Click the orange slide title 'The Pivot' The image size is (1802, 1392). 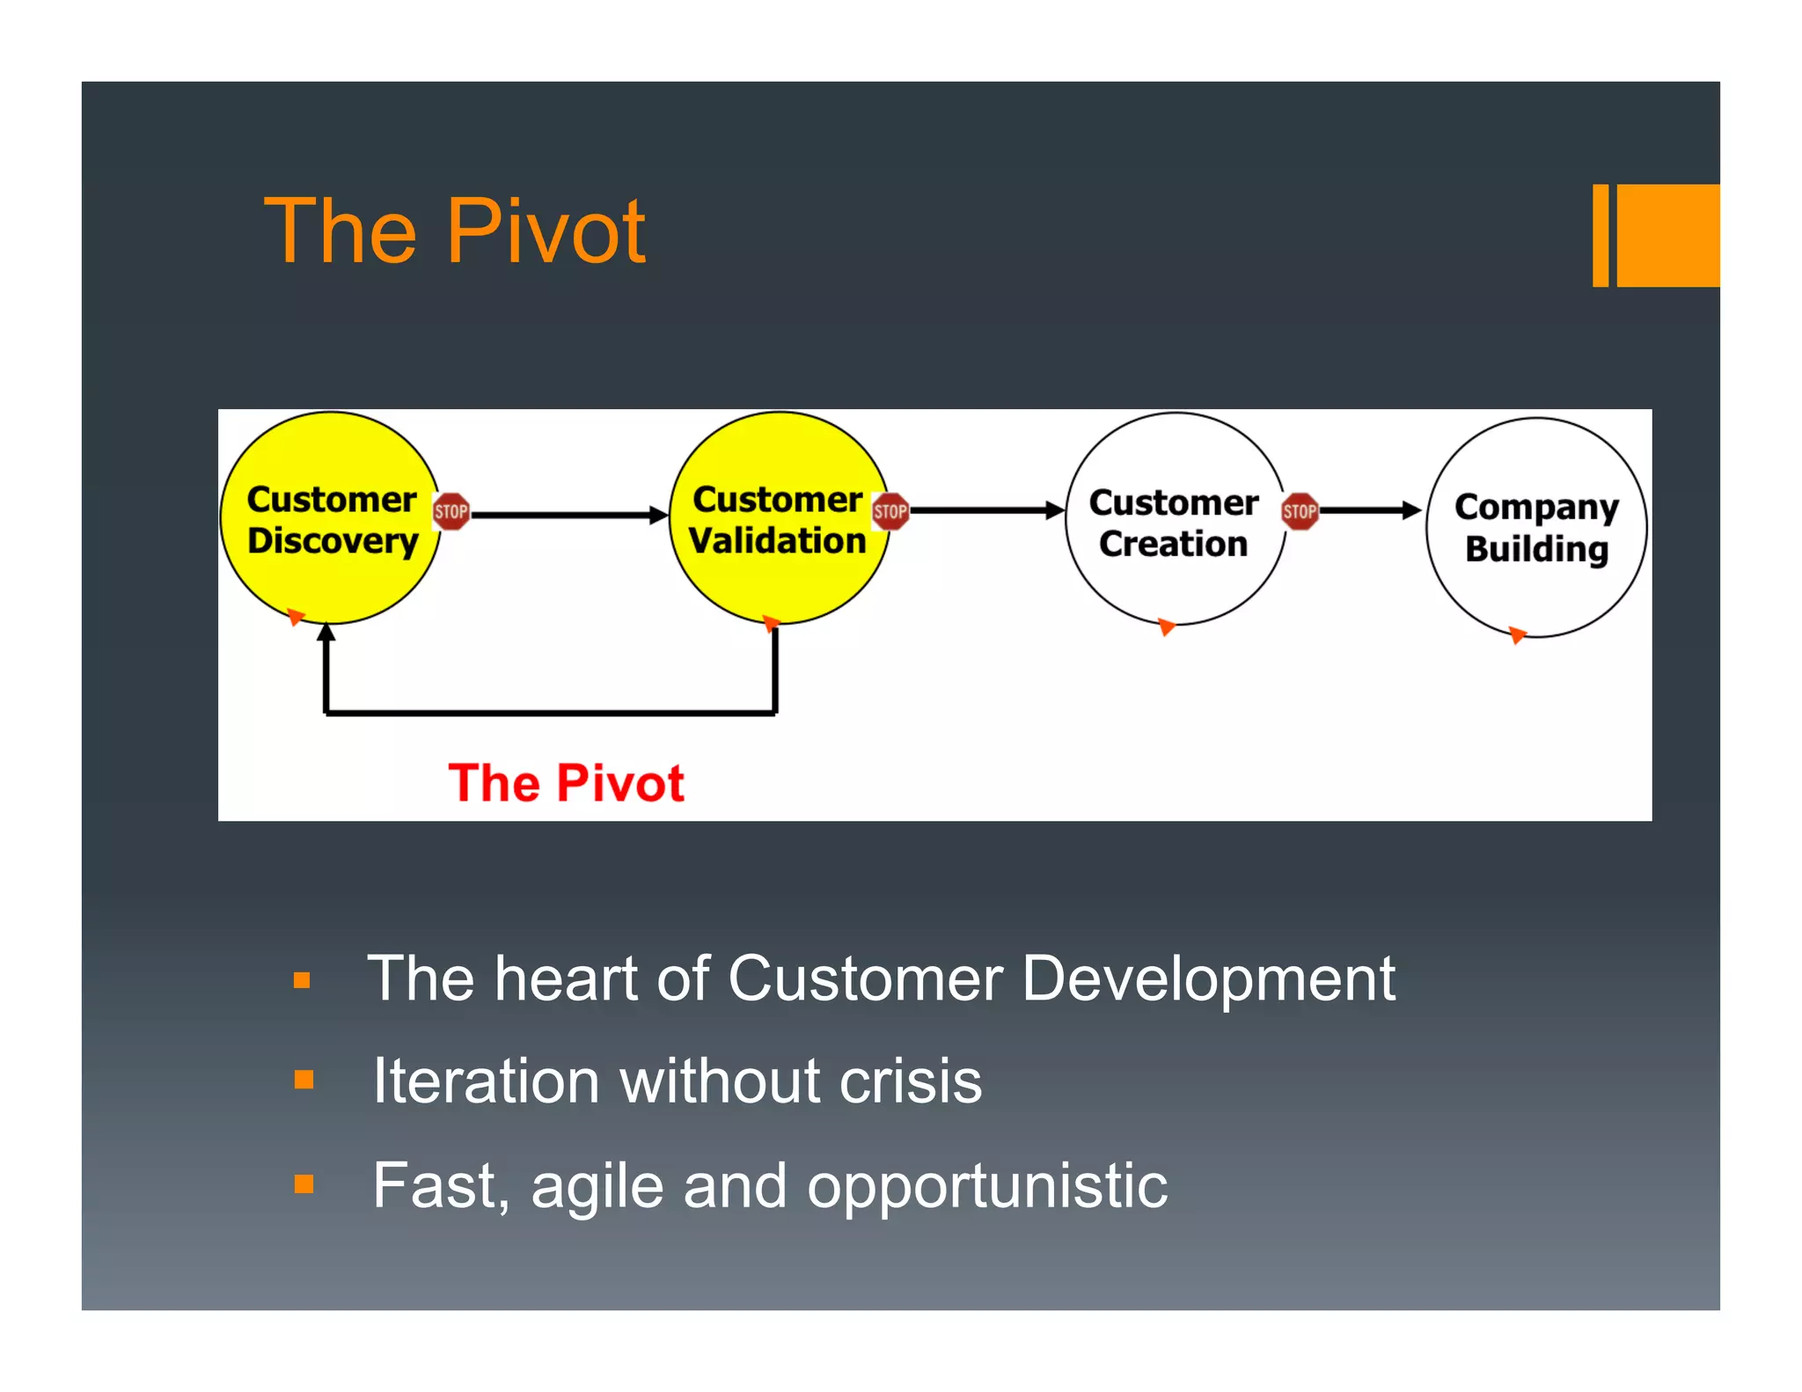pyautogui.click(x=455, y=231)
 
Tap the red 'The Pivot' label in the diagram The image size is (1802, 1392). pyautogui.click(x=566, y=782)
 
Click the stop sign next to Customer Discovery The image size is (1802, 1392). pyautogui.click(x=451, y=511)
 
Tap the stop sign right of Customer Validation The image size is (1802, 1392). pyautogui.click(x=890, y=511)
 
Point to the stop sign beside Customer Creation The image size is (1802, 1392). pyautogui.click(x=1300, y=511)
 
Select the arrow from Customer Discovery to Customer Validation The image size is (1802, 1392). pyautogui.click(x=568, y=515)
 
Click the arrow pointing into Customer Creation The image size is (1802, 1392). pyautogui.click(x=985, y=510)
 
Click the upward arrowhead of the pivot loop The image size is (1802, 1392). pyautogui.click(x=326, y=632)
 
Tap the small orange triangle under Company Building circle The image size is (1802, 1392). pyautogui.click(x=1517, y=634)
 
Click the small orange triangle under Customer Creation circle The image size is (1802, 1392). pyautogui.click(x=1166, y=626)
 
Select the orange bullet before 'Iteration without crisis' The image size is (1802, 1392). pyautogui.click(x=304, y=1080)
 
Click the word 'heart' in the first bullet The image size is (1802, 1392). pyautogui.click(x=565, y=978)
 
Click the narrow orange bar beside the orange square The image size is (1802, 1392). pyautogui.click(x=1601, y=235)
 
